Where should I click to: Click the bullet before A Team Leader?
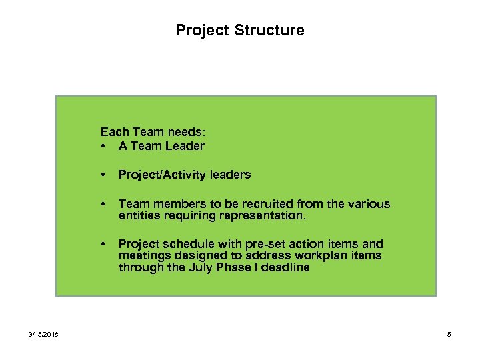103,145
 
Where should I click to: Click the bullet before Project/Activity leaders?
103,175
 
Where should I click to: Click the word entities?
139,216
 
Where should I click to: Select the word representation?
269,216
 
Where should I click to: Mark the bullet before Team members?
103,204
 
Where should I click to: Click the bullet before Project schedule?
103,244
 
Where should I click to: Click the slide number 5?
449,334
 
